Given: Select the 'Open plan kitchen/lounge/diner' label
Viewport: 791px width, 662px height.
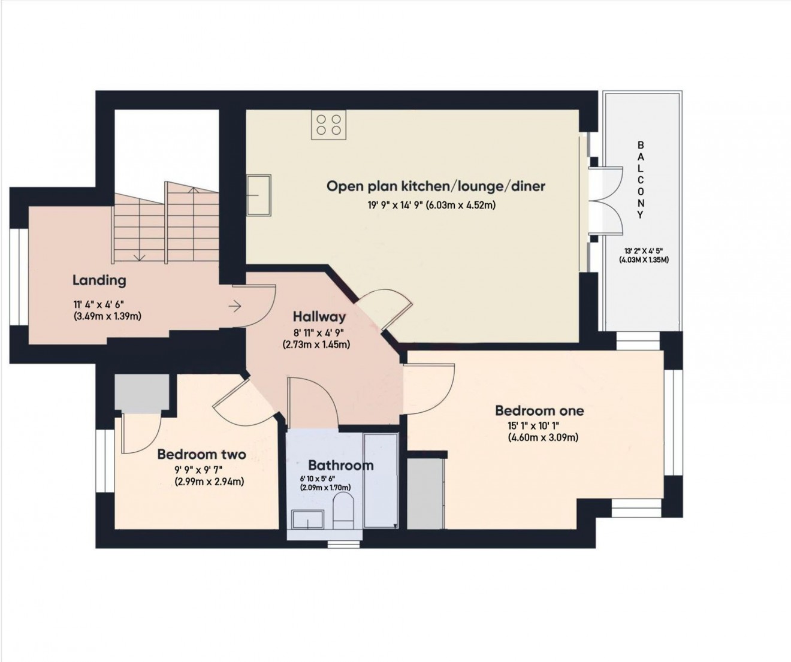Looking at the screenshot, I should pyautogui.click(x=436, y=186).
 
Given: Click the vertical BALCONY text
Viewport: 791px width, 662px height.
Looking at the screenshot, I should pyautogui.click(x=641, y=180).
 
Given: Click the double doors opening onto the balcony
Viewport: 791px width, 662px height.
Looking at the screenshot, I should pyautogui.click(x=604, y=204).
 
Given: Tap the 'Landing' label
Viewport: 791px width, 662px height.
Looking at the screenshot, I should pyautogui.click(x=99, y=280).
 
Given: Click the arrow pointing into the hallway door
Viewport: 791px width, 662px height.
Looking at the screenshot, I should pyautogui.click(x=235, y=307).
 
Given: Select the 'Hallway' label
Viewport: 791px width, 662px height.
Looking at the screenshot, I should pyautogui.click(x=319, y=317).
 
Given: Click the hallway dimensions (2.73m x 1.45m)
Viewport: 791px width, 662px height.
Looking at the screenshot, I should pyautogui.click(x=316, y=344).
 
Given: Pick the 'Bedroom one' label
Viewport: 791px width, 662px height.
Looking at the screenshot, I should pyautogui.click(x=539, y=410).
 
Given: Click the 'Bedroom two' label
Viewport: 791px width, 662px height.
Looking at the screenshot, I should pyautogui.click(x=201, y=455).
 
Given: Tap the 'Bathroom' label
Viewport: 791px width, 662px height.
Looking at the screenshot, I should pyautogui.click(x=340, y=465).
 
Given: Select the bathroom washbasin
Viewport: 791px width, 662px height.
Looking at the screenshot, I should pyautogui.click(x=307, y=519).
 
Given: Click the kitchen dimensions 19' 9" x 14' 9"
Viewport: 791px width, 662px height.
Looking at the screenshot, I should pyautogui.click(x=431, y=205).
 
